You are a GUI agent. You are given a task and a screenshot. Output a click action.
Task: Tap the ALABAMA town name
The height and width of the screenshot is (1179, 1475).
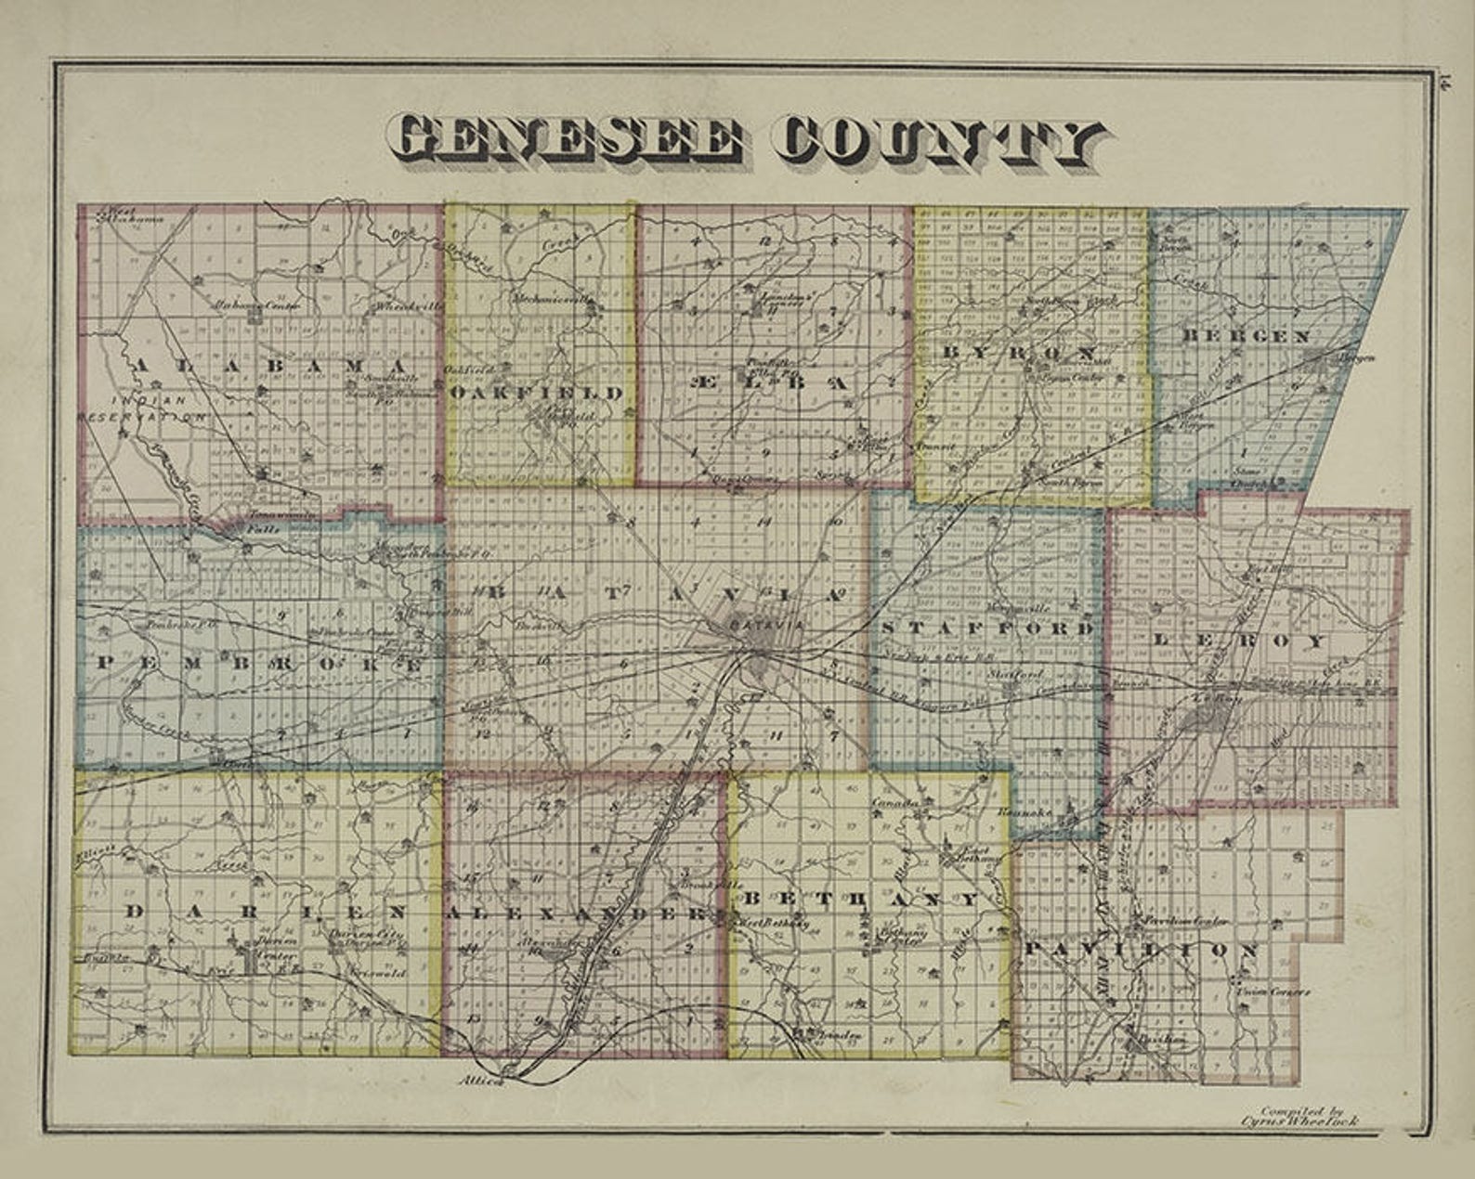[269, 367]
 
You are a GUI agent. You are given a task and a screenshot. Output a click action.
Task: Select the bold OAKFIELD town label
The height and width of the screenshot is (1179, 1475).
[536, 393]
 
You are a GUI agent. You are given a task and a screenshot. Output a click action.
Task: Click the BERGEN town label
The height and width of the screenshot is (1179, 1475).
[1246, 336]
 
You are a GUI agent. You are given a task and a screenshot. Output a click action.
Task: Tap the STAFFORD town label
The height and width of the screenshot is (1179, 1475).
[986, 628]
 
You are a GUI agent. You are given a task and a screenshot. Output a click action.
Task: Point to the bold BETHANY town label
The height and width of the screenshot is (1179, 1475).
[860, 899]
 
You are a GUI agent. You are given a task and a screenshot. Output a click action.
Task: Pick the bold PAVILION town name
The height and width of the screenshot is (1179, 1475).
[1142, 950]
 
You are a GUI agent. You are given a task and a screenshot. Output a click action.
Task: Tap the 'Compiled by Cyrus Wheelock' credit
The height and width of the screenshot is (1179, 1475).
[1308, 1115]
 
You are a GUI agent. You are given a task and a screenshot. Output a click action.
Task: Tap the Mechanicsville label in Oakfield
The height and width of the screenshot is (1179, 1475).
[552, 300]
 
